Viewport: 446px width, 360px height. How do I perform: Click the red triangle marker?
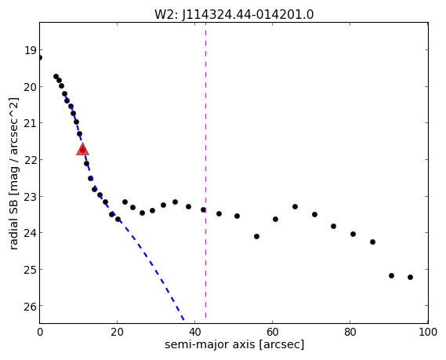click(83, 149)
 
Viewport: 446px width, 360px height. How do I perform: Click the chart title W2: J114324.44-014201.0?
click(234, 15)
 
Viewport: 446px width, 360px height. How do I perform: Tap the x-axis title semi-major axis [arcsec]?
click(234, 344)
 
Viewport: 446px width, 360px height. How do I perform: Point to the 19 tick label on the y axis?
click(31, 51)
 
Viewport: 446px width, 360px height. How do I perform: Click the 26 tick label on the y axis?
click(31, 306)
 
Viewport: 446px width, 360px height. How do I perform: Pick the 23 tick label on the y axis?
click(31, 197)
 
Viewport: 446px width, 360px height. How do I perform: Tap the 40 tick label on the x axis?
click(195, 332)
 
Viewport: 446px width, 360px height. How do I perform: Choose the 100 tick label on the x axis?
click(428, 332)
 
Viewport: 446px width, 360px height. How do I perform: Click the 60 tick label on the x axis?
click(273, 332)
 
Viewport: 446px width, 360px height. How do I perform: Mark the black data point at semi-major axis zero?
click(40, 58)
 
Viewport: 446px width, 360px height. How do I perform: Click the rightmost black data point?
click(410, 277)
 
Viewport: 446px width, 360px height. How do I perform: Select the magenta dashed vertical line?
click(205, 170)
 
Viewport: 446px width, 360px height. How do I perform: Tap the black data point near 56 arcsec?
click(256, 237)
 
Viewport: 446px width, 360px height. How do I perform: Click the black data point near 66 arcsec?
click(295, 206)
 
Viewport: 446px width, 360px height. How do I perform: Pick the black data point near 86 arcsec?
click(372, 242)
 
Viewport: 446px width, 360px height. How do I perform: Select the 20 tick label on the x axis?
click(118, 332)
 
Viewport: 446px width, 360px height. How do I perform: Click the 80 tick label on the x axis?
click(350, 332)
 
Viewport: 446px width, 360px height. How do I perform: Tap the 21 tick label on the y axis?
click(31, 123)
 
